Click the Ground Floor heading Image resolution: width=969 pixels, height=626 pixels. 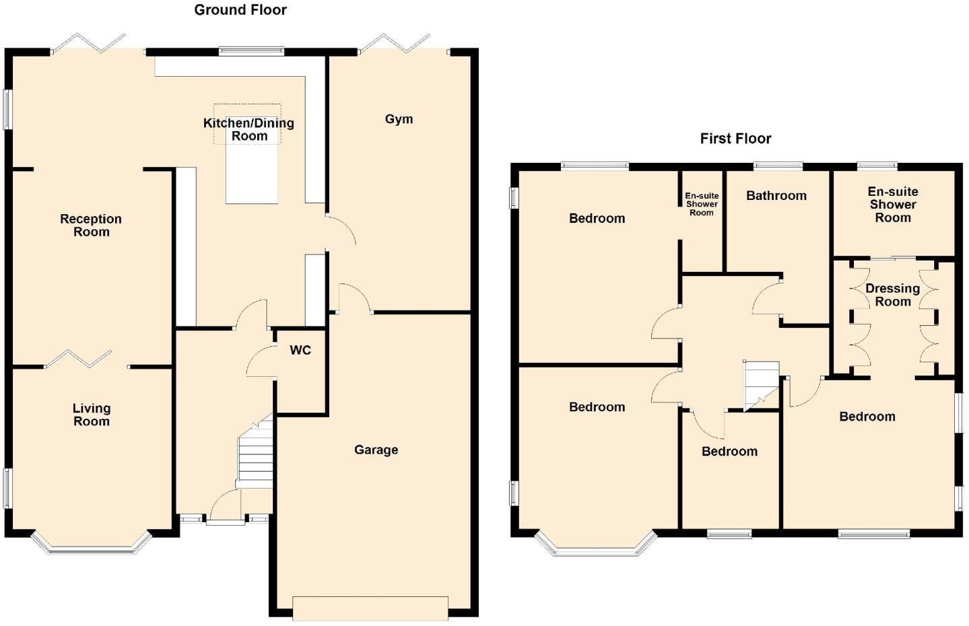[240, 10]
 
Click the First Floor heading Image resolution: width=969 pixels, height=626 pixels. [735, 139]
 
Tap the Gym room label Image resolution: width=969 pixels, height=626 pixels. [399, 119]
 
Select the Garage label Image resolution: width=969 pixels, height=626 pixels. [376, 450]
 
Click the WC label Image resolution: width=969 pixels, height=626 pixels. [300, 350]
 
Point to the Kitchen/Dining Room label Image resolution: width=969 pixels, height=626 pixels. [248, 129]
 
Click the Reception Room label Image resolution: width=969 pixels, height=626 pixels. [91, 225]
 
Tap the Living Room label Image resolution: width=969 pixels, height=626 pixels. [92, 415]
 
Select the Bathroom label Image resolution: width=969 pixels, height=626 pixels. [776, 196]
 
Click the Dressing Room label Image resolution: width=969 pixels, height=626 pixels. [892, 295]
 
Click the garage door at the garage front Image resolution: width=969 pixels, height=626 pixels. [370, 607]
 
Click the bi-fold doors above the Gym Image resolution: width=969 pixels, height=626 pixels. [394, 43]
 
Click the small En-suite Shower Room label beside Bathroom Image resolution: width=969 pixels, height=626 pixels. [701, 204]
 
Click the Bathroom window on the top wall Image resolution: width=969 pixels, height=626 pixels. [778, 166]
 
